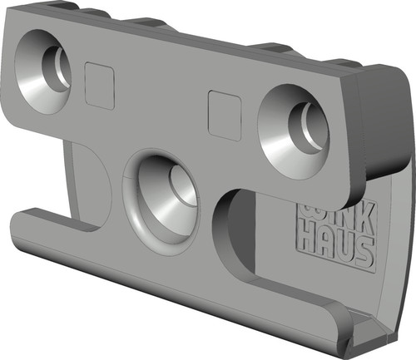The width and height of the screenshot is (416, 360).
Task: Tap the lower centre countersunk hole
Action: pyautogui.click(x=161, y=197)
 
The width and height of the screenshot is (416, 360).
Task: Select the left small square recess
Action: pyautogui.click(x=100, y=86)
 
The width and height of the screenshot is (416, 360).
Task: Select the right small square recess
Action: pyautogui.click(x=224, y=116)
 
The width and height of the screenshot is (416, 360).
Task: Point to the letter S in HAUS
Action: pyautogui.click(x=364, y=254)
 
